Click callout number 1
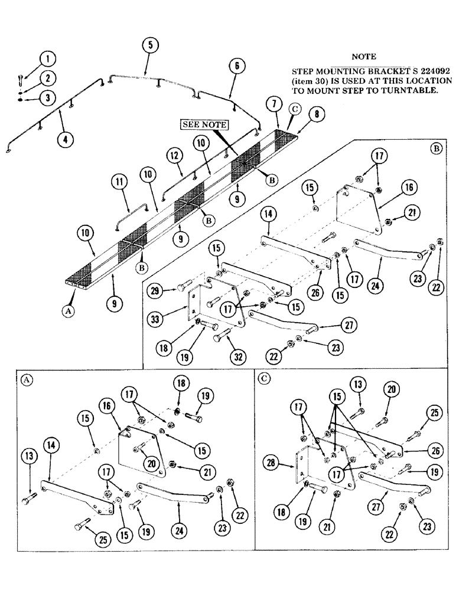click(x=49, y=59)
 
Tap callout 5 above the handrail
click(x=151, y=44)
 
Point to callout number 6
click(x=236, y=67)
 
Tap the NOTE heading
click(x=364, y=57)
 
